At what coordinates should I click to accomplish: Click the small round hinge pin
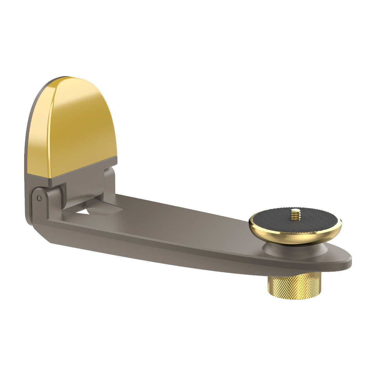click(x=39, y=198)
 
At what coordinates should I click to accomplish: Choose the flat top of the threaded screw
click(x=295, y=210)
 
